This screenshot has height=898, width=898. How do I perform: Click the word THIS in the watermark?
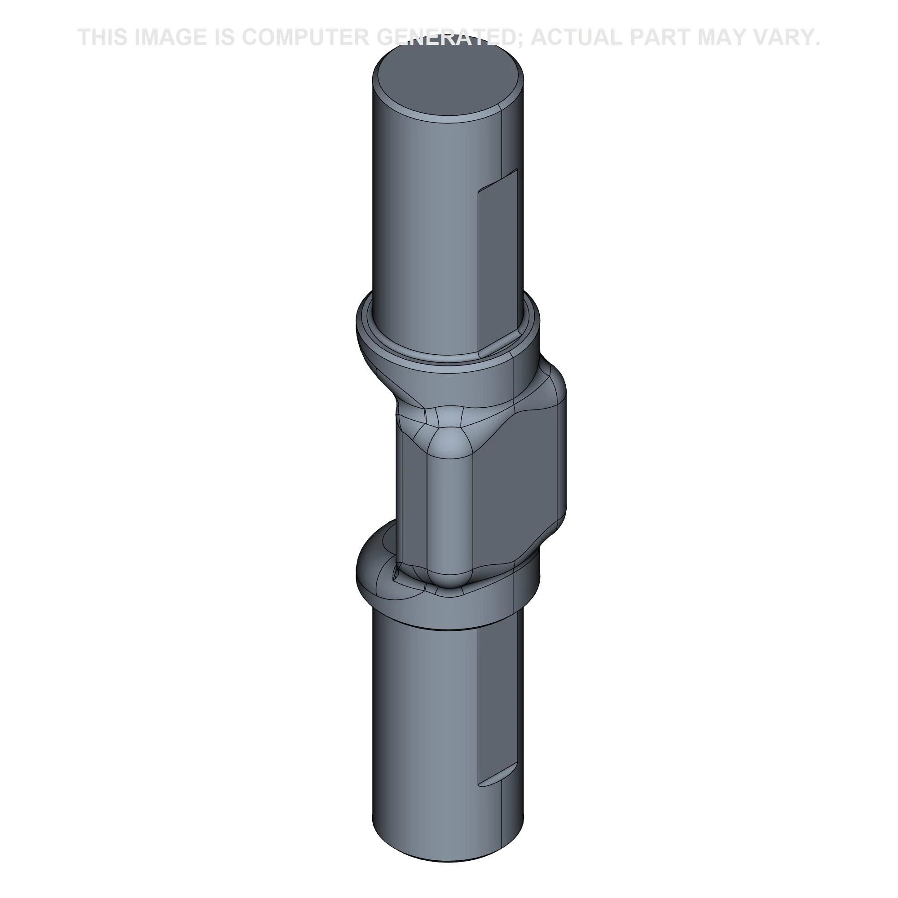[103, 37]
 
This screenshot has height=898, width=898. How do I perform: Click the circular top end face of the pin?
[449, 84]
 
